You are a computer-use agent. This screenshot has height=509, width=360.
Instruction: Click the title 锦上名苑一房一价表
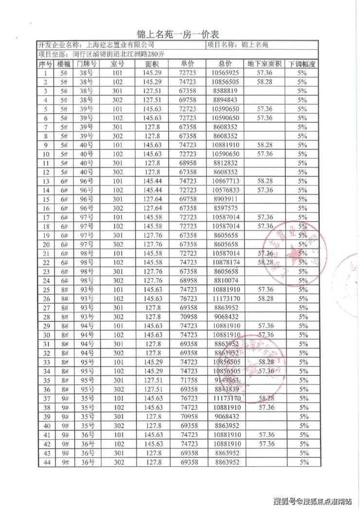pos(180,34)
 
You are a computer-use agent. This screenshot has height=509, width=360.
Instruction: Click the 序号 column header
pos(46,64)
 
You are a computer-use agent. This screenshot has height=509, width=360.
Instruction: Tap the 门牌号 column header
pos(86,64)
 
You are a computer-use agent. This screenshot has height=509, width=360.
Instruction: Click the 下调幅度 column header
pos(303,64)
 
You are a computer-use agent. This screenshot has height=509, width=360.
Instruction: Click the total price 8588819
pos(225,91)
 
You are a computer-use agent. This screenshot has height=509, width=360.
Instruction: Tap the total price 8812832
pos(225,163)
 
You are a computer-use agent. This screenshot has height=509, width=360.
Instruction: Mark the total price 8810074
pos(225,281)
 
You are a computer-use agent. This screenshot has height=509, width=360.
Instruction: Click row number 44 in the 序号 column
pos(46,462)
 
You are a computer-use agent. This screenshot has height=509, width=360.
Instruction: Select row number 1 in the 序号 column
pos(46,73)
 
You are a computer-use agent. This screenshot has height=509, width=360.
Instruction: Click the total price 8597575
pos(225,208)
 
